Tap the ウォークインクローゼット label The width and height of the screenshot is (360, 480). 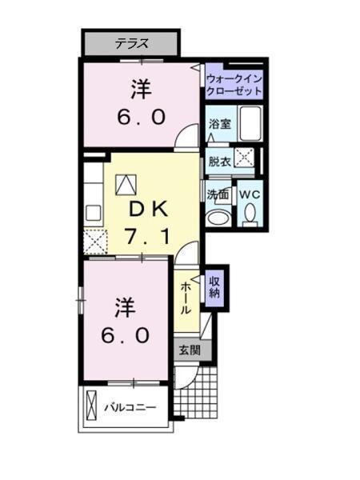[x=234, y=86]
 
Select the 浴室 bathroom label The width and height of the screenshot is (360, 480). [x=219, y=124]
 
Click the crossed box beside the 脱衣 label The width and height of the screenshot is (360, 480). [x=244, y=159]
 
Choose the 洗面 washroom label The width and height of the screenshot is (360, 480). [x=218, y=194]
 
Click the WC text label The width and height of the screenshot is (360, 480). [x=249, y=194]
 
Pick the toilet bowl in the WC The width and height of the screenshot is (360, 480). [x=250, y=215]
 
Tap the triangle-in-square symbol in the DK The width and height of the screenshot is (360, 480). [x=126, y=184]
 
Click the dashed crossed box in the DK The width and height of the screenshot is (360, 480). [x=96, y=240]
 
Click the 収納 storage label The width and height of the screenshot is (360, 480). [x=214, y=286]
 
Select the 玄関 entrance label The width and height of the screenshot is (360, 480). [x=190, y=349]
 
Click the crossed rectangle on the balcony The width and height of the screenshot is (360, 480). [x=90, y=409]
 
